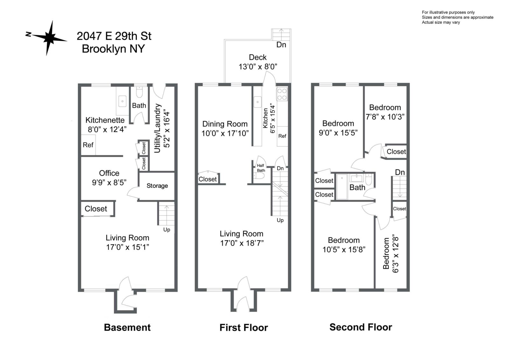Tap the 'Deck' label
pyautogui.click(x=258, y=57)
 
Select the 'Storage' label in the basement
pyautogui.click(x=157, y=186)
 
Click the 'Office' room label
pyautogui.click(x=109, y=173)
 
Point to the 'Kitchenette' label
pyautogui.click(x=105, y=120)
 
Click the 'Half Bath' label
pyautogui.click(x=261, y=168)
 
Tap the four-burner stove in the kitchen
pyautogui.click(x=282, y=95)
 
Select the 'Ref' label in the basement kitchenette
pyautogui.click(x=88, y=145)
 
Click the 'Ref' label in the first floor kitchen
pyautogui.click(x=282, y=136)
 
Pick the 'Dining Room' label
pyautogui.click(x=225, y=124)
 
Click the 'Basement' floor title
pyautogui.click(x=127, y=328)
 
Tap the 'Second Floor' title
pyautogui.click(x=361, y=327)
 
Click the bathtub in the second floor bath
pyautogui.click(x=342, y=187)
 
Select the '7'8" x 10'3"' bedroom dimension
pyautogui.click(x=385, y=117)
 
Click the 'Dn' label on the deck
pyautogui.click(x=281, y=45)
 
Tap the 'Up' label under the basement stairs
pyautogui.click(x=167, y=230)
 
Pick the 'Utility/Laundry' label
pyautogui.click(x=157, y=128)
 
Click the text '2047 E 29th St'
pyautogui.click(x=114, y=36)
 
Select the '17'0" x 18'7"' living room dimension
pyautogui.click(x=242, y=243)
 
